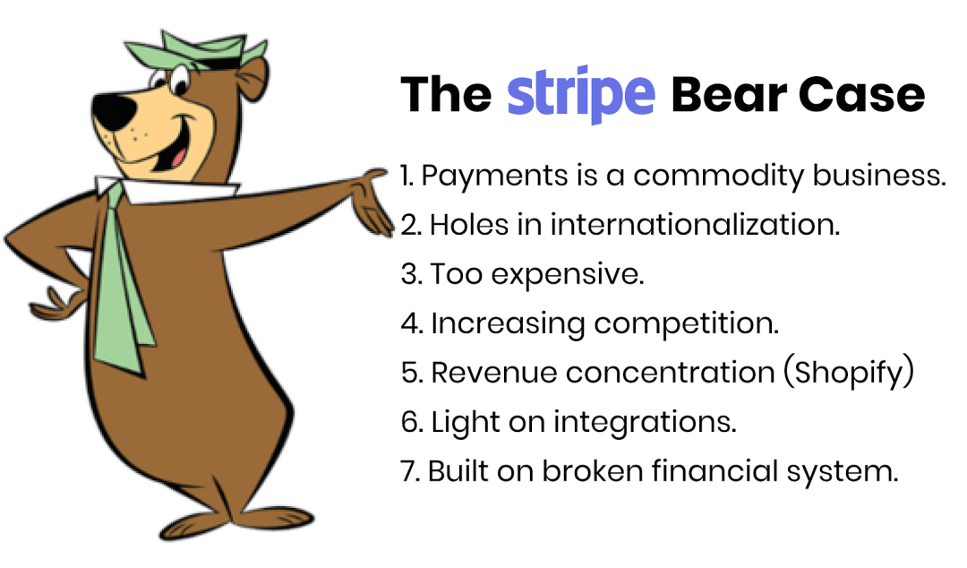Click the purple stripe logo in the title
coord(580,94)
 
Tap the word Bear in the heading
coord(728,95)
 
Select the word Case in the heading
coord(862,95)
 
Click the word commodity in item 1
coord(718,176)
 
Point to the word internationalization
coord(695,224)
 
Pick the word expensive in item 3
coord(568,275)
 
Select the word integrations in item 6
coord(645,423)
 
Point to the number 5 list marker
coord(412,373)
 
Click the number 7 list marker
coord(411,471)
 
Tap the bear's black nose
coord(114,111)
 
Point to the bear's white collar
coord(167,187)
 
